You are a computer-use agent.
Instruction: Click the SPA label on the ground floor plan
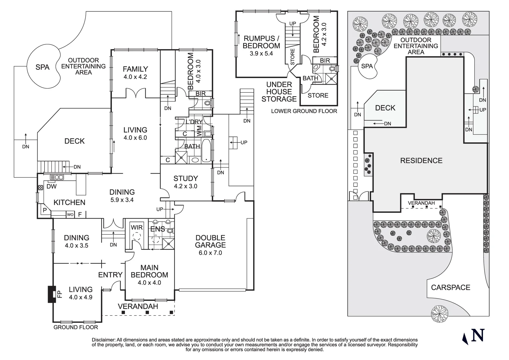coord(43,67)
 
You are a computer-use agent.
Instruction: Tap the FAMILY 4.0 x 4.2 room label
coord(136,73)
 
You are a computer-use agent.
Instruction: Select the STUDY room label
coord(186,178)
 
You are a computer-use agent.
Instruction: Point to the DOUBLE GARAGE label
coord(211,241)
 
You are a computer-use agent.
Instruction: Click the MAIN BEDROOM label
coord(149,271)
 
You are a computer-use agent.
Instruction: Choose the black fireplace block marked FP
coord(52,294)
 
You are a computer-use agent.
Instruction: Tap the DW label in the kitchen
coord(52,186)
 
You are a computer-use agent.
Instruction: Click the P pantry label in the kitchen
coord(45,210)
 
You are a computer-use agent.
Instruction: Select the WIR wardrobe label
coord(137,227)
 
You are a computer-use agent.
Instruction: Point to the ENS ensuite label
coord(158,229)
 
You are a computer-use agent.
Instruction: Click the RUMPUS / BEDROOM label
coord(261,42)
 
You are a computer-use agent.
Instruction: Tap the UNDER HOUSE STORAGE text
coord(279,92)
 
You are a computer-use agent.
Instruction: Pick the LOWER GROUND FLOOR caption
coord(304,111)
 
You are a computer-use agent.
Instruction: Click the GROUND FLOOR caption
coord(76,327)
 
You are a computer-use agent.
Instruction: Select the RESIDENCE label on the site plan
coord(421,161)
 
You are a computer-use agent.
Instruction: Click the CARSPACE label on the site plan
coord(451,287)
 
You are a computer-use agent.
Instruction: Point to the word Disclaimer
coord(103,340)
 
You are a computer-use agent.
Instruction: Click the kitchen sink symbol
coord(57,177)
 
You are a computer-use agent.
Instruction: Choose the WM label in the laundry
coord(199,131)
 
